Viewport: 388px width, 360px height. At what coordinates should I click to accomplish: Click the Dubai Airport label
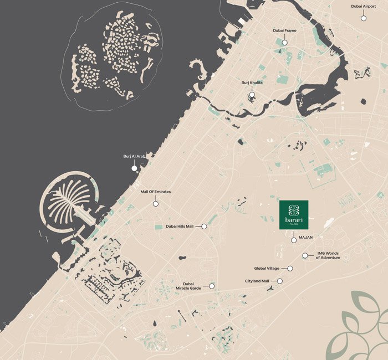(364, 7)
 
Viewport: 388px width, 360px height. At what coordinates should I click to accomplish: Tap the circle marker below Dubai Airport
(364, 18)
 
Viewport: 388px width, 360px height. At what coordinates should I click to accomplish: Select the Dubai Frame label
(284, 30)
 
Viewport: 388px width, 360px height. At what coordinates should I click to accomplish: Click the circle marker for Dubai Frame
(284, 42)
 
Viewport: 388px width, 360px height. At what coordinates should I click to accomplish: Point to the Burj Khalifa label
(252, 83)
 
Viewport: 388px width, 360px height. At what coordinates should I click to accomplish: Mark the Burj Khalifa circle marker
(252, 95)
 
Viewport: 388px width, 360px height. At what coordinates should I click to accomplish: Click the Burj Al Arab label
(134, 156)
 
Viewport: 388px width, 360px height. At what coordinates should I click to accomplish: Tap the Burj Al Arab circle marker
(134, 168)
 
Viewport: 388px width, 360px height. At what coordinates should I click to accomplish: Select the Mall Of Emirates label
(156, 192)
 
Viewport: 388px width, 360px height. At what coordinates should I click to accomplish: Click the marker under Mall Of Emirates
(156, 204)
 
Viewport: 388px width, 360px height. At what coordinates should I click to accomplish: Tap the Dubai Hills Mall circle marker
(204, 227)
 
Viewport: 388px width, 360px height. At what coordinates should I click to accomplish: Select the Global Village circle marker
(290, 268)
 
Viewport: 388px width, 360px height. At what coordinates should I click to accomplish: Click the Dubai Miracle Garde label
(188, 286)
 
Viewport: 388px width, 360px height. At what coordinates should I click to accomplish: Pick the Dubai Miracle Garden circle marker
(212, 286)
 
